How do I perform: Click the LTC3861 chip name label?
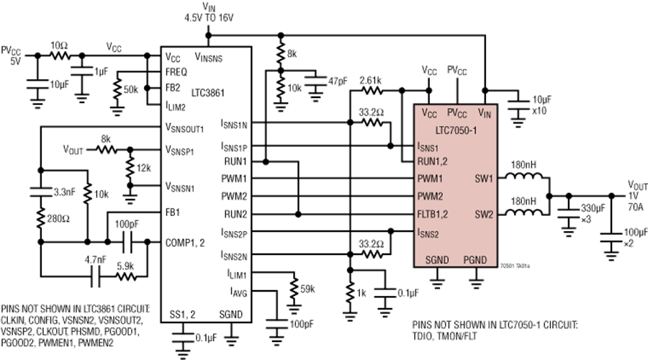[208, 93]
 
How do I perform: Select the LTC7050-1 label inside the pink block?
[456, 130]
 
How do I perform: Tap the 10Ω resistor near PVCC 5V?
[60, 55]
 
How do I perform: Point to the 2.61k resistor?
[371, 91]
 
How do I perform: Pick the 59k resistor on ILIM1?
[294, 287]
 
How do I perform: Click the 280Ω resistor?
[40, 218]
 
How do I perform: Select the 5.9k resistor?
[126, 277]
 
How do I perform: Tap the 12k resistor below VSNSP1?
[130, 168]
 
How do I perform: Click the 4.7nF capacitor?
[96, 277]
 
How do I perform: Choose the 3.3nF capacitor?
[40, 192]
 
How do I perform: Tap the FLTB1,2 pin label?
[432, 215]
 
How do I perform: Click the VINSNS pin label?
[208, 57]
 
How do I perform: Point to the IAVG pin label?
[239, 292]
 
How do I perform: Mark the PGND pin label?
[475, 260]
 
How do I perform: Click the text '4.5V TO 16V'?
[209, 18]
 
